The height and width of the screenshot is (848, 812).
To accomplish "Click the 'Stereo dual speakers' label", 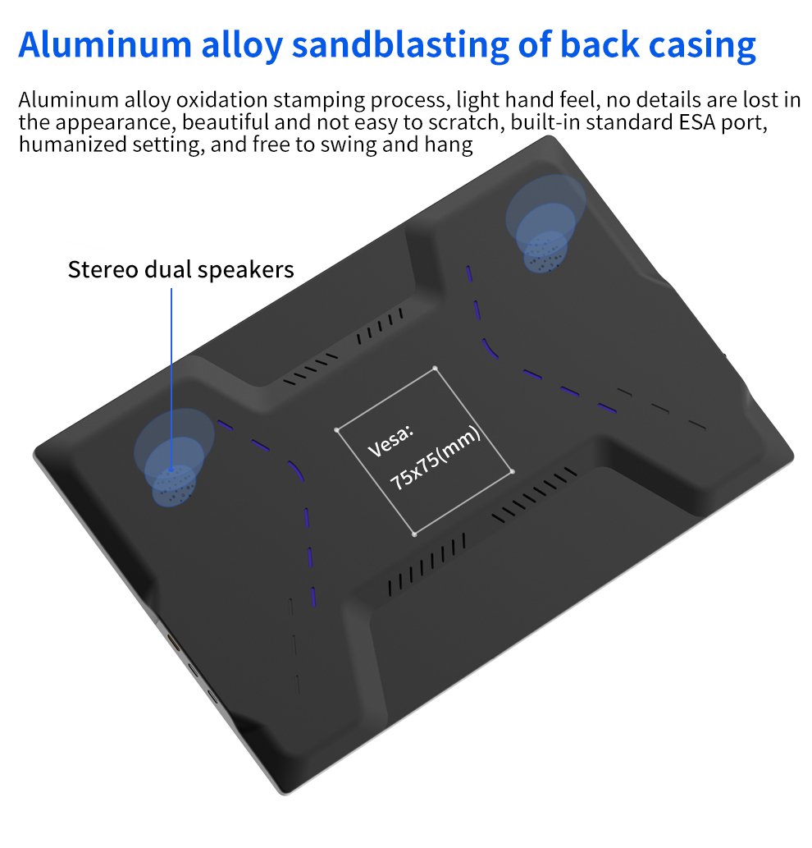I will pyautogui.click(x=180, y=269).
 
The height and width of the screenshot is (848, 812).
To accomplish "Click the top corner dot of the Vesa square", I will pyautogui.click(x=435, y=368).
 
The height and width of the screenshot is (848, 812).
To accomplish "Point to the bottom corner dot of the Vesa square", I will pyautogui.click(x=414, y=534).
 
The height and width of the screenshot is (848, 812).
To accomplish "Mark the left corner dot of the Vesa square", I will pyautogui.click(x=336, y=429).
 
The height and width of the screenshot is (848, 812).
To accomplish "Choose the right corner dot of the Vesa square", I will pyautogui.click(x=512, y=471).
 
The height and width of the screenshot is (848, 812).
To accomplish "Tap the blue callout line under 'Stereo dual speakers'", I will pyautogui.click(x=172, y=369).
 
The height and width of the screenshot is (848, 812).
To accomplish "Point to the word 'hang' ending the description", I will pyautogui.click(x=452, y=145).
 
